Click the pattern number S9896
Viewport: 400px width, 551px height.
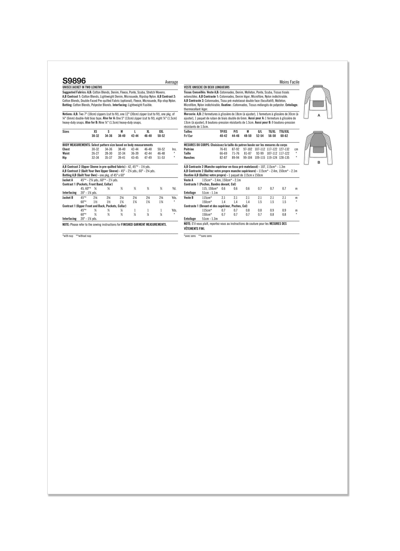click(74, 81)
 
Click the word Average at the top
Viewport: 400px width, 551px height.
click(171, 82)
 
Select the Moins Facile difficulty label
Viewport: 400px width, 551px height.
click(289, 82)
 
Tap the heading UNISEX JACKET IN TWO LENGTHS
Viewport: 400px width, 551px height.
click(82, 87)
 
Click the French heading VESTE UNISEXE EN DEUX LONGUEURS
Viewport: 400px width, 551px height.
click(207, 87)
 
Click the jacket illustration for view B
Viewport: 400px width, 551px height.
click(319, 144)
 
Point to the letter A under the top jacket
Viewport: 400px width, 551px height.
click(319, 115)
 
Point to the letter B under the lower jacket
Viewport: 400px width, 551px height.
click(319, 162)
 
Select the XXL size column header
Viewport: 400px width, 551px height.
click(161, 132)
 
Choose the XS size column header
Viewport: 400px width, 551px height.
click(95, 132)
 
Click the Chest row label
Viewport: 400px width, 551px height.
click(66, 149)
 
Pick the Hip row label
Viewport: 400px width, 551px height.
click(64, 158)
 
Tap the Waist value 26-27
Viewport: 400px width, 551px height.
click(95, 153)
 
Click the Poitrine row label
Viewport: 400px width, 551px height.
click(189, 149)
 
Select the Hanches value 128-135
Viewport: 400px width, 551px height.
click(284, 158)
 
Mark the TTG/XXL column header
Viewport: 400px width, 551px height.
click(284, 132)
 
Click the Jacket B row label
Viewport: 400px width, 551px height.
click(68, 198)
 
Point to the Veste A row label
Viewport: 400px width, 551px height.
click(189, 180)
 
